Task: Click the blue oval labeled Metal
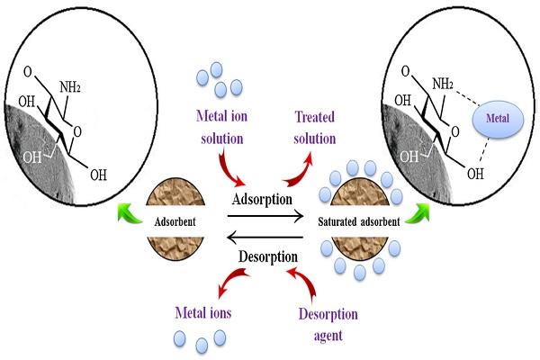tap(498, 119)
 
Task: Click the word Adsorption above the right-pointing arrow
tap(262, 199)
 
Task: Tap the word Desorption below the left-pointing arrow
tap(268, 256)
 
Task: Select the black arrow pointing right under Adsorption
tap(265, 216)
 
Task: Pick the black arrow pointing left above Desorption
tap(265, 238)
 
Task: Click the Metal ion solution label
tap(221, 127)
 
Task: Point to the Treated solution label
tap(314, 128)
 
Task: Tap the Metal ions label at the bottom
tap(203, 313)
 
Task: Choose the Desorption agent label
tap(328, 324)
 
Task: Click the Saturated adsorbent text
tap(359, 221)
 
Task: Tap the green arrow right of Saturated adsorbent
tap(418, 213)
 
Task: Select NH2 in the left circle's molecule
tap(70, 87)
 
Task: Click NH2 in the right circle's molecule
tap(443, 84)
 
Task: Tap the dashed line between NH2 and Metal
tap(467, 97)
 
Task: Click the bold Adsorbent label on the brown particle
tap(175, 221)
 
